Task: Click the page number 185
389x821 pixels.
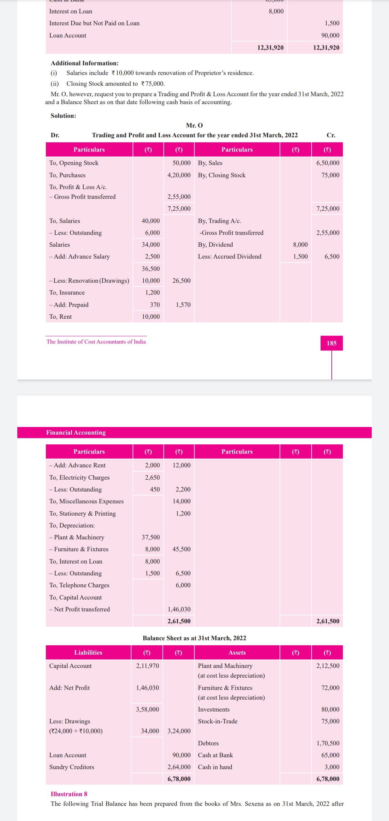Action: coord(331,343)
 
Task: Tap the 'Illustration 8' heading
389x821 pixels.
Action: coord(69,794)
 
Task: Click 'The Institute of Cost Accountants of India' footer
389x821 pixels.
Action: coord(96,342)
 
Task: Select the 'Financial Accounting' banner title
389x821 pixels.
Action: coord(76,432)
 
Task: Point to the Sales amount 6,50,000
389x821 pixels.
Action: coord(328,163)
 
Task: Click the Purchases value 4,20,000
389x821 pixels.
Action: coord(179,175)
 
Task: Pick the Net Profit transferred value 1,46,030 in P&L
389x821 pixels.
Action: coord(179,609)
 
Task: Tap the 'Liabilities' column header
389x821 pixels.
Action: coord(88,652)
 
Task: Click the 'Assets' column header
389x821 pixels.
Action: coord(237,652)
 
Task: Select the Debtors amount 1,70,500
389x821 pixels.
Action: coord(328,743)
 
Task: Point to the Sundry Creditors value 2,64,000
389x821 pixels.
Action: coord(179,767)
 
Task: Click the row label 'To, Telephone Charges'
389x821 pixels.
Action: coord(79,585)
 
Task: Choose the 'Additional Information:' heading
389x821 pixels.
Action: coord(85,63)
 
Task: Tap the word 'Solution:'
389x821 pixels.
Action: coord(63,116)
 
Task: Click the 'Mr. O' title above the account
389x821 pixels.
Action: coord(194,125)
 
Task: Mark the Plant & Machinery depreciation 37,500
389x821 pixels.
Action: coord(151,537)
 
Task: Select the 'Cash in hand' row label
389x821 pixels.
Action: coord(215,767)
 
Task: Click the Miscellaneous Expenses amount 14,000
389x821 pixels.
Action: coord(182,501)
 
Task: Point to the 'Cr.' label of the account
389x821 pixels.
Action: coord(331,135)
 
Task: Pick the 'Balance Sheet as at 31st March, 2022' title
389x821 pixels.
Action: coord(194,638)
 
